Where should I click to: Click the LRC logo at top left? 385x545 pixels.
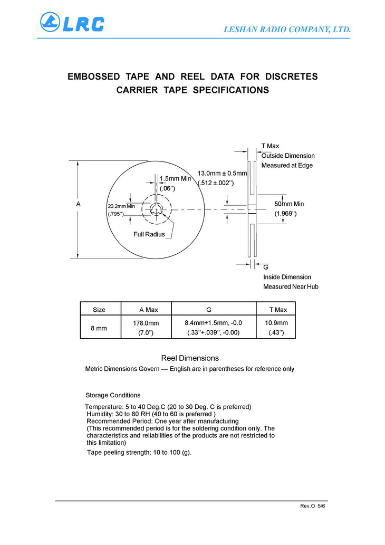point(72,22)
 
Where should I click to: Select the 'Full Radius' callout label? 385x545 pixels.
point(149,234)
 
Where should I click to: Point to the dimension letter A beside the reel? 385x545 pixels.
point(78,204)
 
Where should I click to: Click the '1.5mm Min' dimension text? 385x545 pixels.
point(175,179)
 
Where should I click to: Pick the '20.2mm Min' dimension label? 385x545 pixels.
point(121,206)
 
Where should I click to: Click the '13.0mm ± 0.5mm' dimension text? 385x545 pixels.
point(222,174)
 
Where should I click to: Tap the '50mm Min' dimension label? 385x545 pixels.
point(289,204)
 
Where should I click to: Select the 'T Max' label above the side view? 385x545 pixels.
point(271,146)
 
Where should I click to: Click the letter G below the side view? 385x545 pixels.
point(266,267)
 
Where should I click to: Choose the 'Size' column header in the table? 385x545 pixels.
point(99,310)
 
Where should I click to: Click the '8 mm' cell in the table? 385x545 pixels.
point(99,328)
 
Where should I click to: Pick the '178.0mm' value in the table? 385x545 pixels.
point(146,323)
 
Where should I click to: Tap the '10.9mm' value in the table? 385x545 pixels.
point(276,323)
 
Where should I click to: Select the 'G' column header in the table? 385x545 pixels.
point(209,310)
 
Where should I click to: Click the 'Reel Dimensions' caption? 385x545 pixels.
point(190,358)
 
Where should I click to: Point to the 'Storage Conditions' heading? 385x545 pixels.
point(113,395)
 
